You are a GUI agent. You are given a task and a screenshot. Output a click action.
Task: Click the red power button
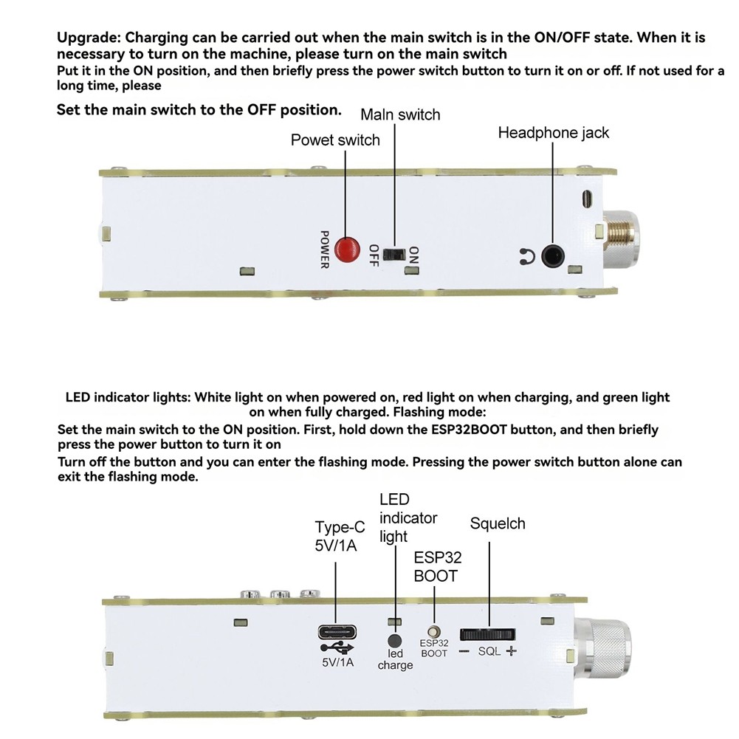[344, 249]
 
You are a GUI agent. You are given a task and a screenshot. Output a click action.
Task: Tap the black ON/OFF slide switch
[399, 255]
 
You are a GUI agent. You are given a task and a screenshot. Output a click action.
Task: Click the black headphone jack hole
[552, 256]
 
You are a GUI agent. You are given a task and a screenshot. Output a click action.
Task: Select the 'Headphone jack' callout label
[553, 133]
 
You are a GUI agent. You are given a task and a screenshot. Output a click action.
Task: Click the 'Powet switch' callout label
[335, 140]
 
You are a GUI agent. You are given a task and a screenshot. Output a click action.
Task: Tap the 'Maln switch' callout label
[400, 114]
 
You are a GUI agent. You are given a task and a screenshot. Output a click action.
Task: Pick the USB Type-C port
[337, 633]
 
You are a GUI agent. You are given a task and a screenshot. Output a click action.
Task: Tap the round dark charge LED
[395, 642]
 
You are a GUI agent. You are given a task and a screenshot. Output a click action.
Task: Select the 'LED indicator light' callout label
[408, 518]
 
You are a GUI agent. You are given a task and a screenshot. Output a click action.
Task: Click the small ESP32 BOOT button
[434, 633]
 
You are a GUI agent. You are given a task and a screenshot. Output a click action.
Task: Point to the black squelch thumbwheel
[487, 634]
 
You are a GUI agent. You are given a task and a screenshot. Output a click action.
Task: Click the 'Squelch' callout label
[498, 524]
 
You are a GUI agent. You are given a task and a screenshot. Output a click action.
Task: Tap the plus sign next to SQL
[511, 652]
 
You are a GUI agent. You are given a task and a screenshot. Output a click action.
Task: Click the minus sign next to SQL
[464, 652]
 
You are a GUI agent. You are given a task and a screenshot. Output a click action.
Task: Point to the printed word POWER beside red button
[323, 249]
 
